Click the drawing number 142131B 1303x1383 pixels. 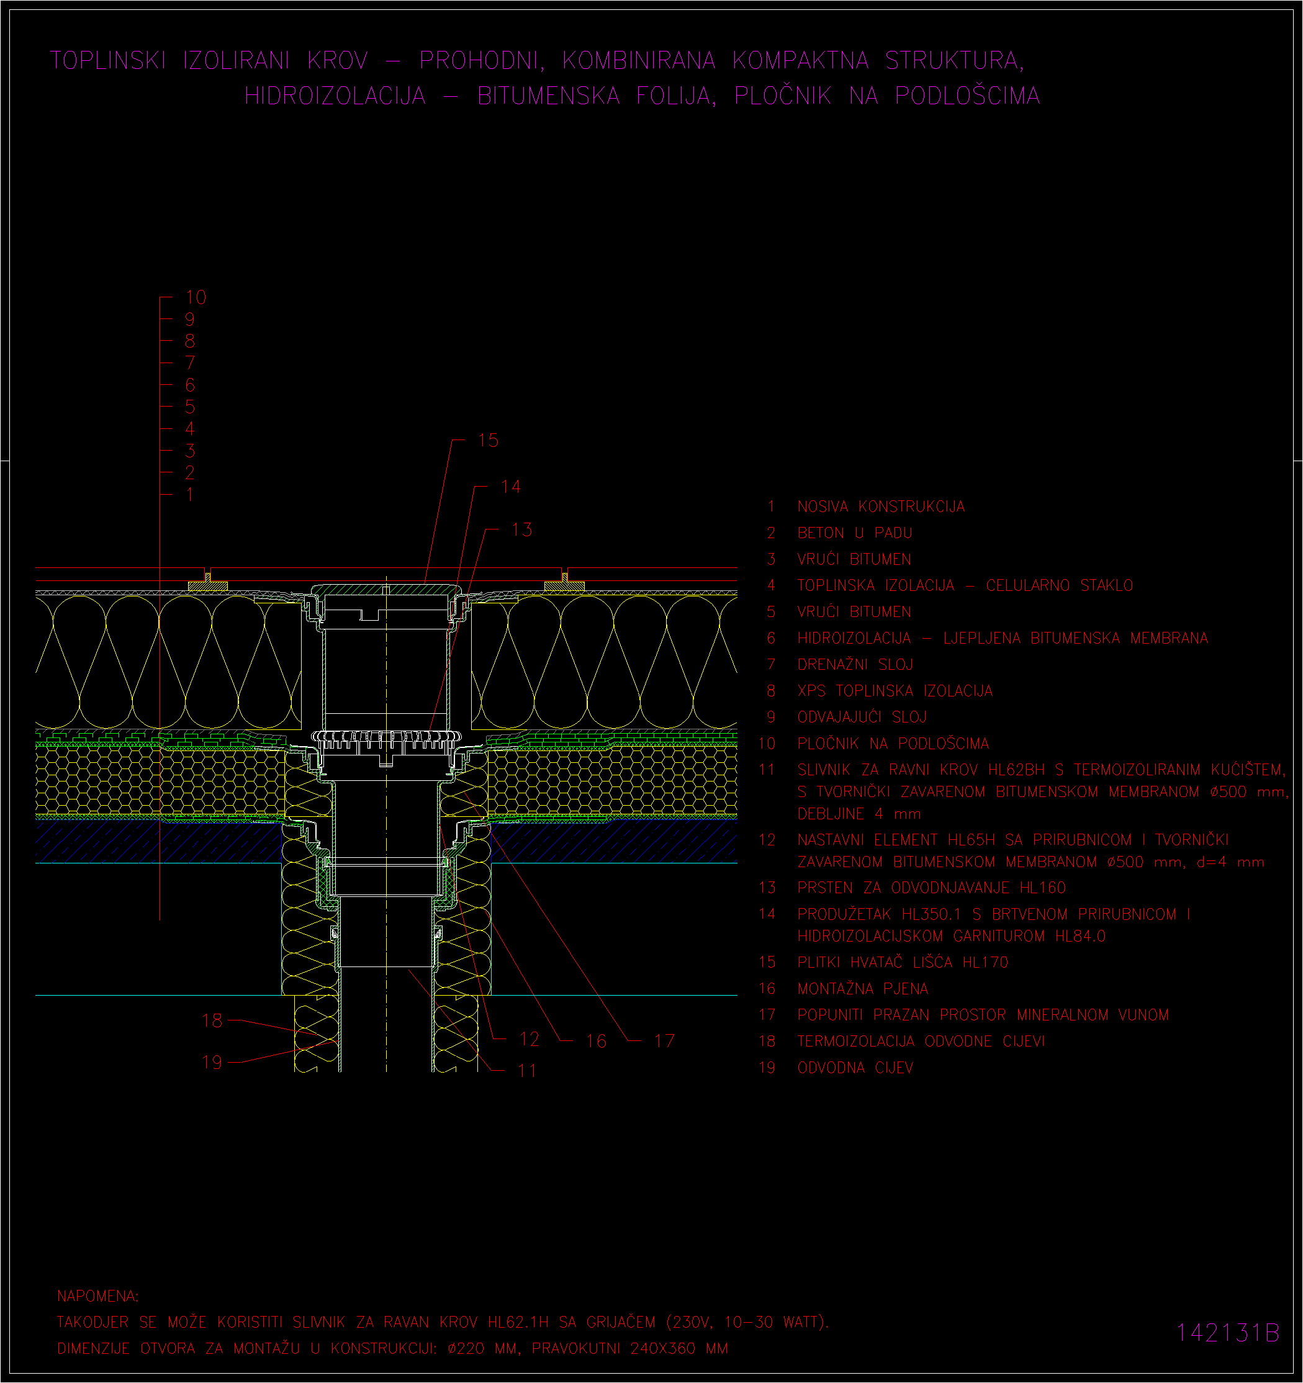coord(1227,1332)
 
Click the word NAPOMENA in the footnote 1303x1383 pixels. coord(97,1296)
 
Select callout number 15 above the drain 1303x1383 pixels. coord(489,440)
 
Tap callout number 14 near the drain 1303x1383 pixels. coord(511,487)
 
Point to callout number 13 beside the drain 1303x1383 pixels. coord(521,530)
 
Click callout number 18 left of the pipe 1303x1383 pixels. coord(212,1020)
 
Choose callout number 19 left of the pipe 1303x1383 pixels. coord(212,1062)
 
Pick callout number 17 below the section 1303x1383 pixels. coord(664,1041)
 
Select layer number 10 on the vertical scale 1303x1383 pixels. coord(196,298)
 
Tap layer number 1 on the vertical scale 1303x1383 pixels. coord(189,495)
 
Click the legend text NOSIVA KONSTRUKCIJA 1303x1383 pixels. coord(881,507)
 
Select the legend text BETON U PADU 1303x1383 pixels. coord(855,533)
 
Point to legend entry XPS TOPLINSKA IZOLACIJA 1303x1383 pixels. coord(895,691)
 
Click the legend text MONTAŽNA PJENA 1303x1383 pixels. coord(863,989)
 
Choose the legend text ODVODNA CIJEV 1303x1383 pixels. coord(855,1068)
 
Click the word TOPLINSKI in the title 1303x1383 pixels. coord(108,61)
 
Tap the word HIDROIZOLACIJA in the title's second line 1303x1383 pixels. coord(335,96)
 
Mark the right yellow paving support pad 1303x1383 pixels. coord(564,587)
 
